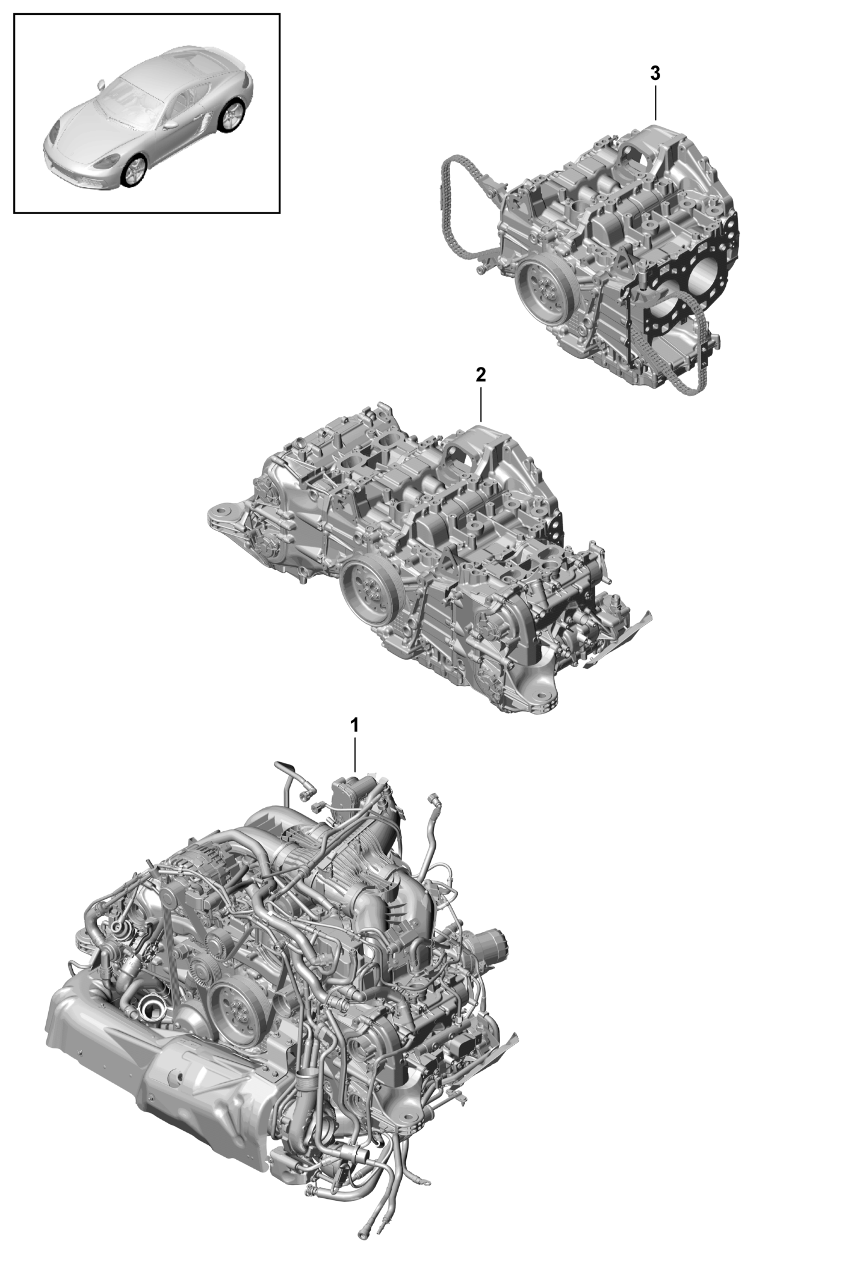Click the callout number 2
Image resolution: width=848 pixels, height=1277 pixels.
coord(480,375)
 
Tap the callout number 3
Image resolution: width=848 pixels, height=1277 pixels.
coord(655,73)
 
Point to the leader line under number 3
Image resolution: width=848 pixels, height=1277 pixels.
coord(655,103)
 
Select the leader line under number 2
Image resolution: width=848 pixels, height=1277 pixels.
coord(480,404)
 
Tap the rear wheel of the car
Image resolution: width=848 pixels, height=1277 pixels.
coord(232,115)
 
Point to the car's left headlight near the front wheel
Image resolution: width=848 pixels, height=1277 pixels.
coord(108,161)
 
